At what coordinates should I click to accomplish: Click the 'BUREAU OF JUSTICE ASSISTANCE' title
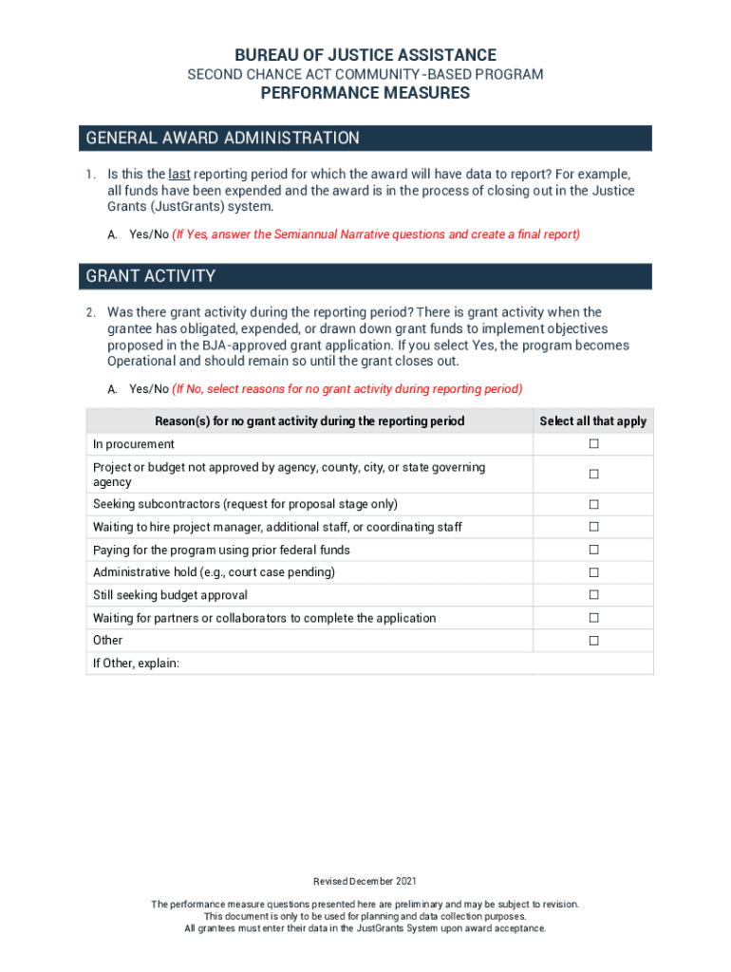coord(365,55)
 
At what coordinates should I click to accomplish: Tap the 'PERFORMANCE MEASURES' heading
coord(365,93)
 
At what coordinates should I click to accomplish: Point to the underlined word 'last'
coord(178,175)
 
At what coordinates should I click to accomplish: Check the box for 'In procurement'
coord(593,444)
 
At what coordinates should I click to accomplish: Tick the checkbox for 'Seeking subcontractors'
coord(593,504)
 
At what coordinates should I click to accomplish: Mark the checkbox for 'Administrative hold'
coord(593,572)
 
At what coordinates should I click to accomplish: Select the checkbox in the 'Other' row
coord(593,641)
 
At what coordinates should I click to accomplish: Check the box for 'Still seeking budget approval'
coord(593,595)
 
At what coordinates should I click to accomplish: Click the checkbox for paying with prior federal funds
coord(593,550)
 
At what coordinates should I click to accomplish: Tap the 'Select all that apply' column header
coord(593,421)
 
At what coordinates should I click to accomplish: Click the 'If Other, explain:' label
coord(136,664)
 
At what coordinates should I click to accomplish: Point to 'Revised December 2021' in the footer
coord(365,882)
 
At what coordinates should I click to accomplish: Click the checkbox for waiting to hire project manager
coord(593,527)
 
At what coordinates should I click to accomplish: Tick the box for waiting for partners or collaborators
coord(593,618)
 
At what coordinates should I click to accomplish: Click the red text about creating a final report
coord(376,234)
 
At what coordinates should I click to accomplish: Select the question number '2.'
coord(89,312)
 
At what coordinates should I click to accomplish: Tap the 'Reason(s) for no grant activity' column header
coord(309,421)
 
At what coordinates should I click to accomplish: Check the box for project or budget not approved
coord(593,474)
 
